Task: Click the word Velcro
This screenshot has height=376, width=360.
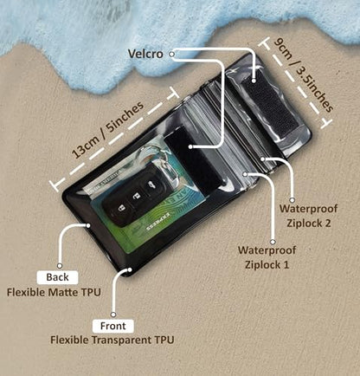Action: point(145,54)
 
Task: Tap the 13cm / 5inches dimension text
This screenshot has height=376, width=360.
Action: point(107,130)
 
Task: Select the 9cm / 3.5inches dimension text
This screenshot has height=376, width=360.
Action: point(303,75)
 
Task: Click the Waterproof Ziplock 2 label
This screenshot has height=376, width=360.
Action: point(308,216)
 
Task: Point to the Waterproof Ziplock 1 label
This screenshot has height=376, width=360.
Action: point(267,257)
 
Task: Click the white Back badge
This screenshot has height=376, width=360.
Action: point(57,277)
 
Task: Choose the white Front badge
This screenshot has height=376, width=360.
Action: point(113,326)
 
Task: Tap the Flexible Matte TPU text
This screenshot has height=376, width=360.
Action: point(54,292)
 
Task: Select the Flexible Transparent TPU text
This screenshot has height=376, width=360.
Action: point(112,340)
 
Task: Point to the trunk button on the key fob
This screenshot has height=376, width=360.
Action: point(150,185)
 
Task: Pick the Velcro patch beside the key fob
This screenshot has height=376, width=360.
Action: point(196,160)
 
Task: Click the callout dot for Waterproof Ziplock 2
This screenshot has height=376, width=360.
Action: point(263,159)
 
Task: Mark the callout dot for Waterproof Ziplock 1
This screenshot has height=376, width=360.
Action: point(245,174)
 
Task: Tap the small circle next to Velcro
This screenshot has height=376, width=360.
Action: point(172,54)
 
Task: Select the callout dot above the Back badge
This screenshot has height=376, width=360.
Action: point(60,266)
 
